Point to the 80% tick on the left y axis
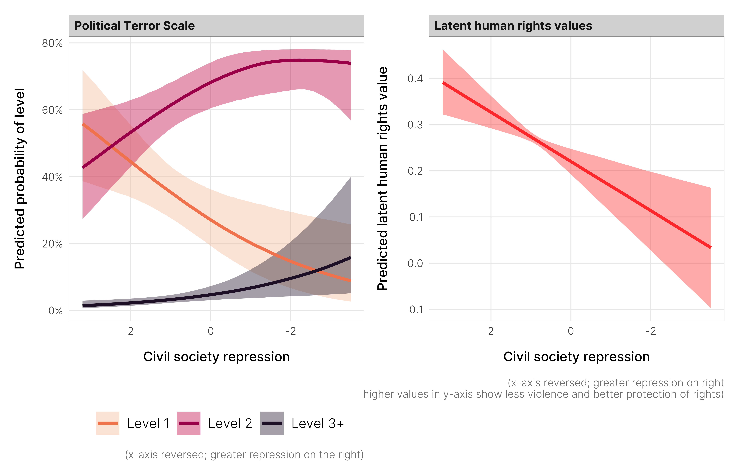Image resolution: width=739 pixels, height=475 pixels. (x=52, y=43)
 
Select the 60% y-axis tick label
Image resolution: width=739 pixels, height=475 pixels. (x=52, y=110)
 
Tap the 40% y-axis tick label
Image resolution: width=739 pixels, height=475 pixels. (x=52, y=177)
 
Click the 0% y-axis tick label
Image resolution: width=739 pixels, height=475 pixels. (x=55, y=311)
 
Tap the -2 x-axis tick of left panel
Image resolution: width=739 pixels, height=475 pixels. (x=291, y=331)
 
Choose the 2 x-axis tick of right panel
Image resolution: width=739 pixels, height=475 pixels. (x=491, y=331)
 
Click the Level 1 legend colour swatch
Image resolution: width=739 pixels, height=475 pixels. (x=108, y=423)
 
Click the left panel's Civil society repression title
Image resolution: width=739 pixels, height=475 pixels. (x=217, y=357)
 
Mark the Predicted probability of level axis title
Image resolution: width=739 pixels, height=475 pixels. (x=20, y=179)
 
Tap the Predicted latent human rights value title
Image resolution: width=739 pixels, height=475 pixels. (x=382, y=179)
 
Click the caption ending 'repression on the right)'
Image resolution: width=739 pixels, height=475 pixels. (x=244, y=455)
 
